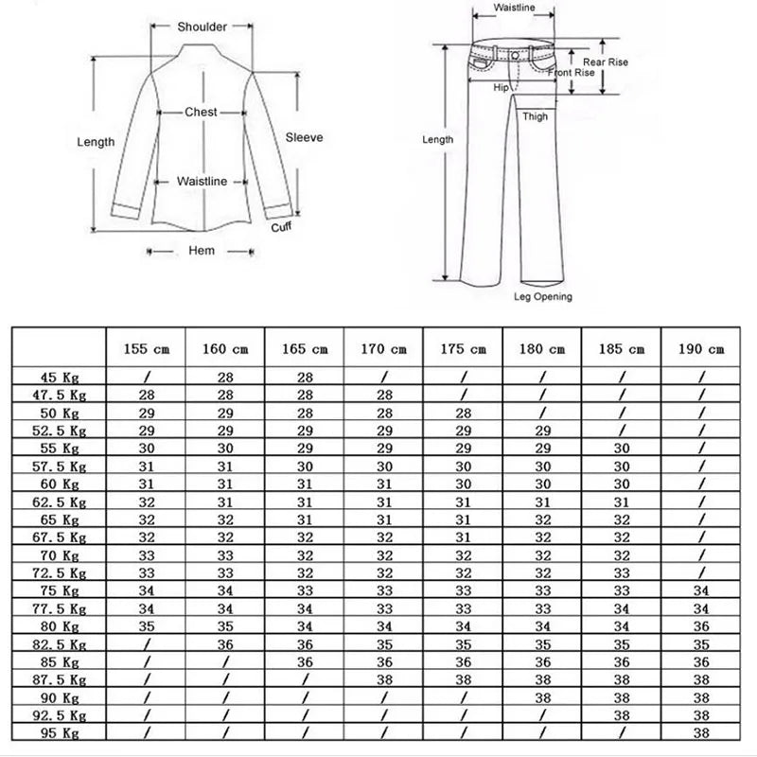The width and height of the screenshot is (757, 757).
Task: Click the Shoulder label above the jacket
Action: coord(202,26)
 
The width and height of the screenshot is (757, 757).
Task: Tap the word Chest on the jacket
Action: coord(201,112)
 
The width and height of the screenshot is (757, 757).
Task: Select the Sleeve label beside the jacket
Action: coord(305,137)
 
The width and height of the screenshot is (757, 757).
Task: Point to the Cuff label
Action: coord(281,227)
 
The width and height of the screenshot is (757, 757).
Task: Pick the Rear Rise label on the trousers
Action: coord(606,62)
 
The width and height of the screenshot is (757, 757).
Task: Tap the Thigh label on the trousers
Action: coord(536,117)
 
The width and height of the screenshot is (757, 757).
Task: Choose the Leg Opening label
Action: coord(542,296)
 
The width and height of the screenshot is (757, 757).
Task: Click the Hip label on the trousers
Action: coord(502,87)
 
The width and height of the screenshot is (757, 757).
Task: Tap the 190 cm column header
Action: coord(701,349)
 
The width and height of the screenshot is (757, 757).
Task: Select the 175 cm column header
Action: coord(464,349)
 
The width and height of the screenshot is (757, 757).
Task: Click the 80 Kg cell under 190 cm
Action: coord(701,625)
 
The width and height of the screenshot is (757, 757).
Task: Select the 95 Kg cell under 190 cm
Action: coord(701,731)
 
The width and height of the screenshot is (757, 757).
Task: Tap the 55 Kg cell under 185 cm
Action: coord(622,449)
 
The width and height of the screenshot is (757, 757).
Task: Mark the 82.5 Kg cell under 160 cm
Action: coord(225,643)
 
